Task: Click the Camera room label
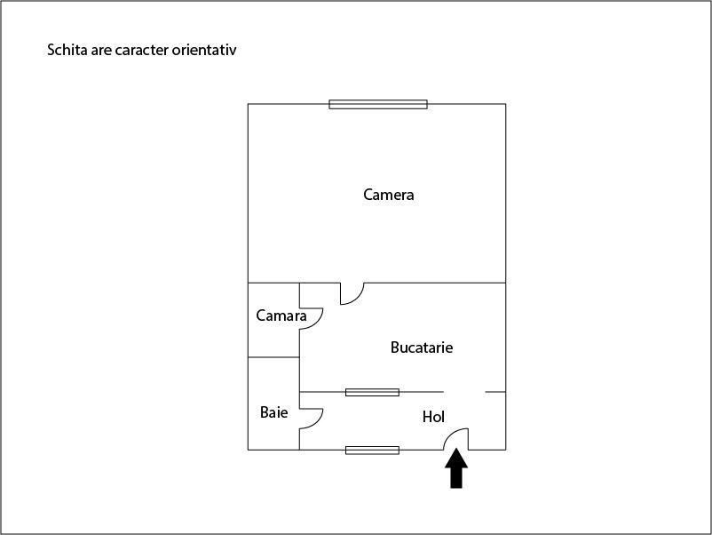pyautogui.click(x=388, y=195)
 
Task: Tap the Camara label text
pyautogui.click(x=281, y=315)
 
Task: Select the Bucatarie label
pyautogui.click(x=422, y=347)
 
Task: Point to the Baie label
pyautogui.click(x=273, y=412)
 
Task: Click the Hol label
pyautogui.click(x=433, y=417)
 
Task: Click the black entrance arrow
pyautogui.click(x=456, y=468)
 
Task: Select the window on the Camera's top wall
pyautogui.click(x=378, y=105)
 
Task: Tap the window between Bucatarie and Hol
pyautogui.click(x=372, y=392)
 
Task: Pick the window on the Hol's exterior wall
pyautogui.click(x=372, y=451)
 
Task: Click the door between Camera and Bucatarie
pyautogui.click(x=357, y=299)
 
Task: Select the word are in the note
pyautogui.click(x=101, y=51)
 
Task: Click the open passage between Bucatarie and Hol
pyautogui.click(x=464, y=392)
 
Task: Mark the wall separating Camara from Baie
pyautogui.click(x=273, y=357)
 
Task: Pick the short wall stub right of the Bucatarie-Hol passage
pyautogui.click(x=495, y=392)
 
